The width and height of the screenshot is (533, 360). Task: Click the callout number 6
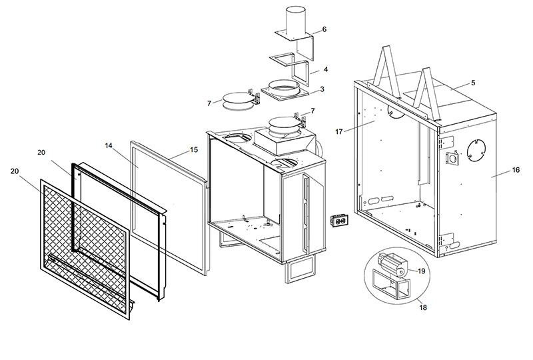point(324,29)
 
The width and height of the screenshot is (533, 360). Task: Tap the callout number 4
point(325,69)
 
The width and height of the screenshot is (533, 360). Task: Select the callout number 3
point(322,89)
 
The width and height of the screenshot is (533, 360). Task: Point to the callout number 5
point(472,83)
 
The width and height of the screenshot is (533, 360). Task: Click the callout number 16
point(516,171)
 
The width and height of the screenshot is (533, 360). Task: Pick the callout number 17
point(339,132)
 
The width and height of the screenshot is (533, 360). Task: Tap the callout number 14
point(109,145)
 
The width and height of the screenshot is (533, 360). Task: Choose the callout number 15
point(194,150)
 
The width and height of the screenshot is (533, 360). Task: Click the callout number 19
point(422,271)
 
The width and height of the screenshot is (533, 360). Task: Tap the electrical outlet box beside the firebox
point(340,223)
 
